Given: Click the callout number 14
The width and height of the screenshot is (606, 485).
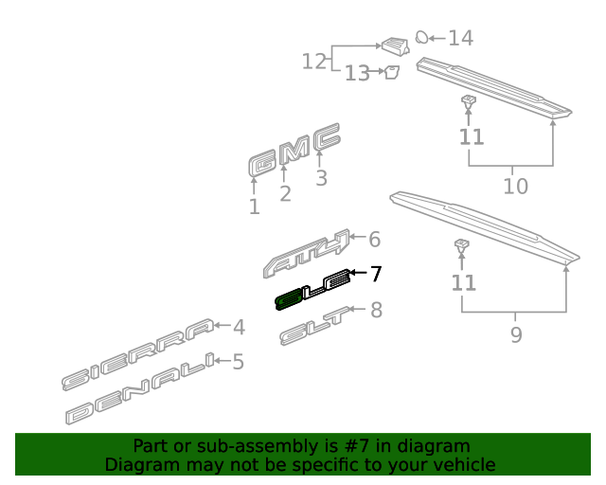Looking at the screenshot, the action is (461, 38).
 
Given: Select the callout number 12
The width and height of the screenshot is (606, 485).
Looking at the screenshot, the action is (313, 62).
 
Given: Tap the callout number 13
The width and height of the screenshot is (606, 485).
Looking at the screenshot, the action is (357, 73).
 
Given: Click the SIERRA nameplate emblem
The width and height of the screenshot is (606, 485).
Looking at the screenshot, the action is (137, 354).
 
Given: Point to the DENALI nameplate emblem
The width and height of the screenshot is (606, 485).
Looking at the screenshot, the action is (140, 388).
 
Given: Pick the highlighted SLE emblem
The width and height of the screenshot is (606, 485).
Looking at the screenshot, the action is (313, 290).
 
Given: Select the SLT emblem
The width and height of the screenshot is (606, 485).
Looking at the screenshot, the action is (315, 326).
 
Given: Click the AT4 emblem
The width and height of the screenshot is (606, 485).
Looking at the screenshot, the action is (306, 254).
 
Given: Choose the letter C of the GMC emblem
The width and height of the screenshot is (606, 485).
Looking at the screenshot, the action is (327, 137).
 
